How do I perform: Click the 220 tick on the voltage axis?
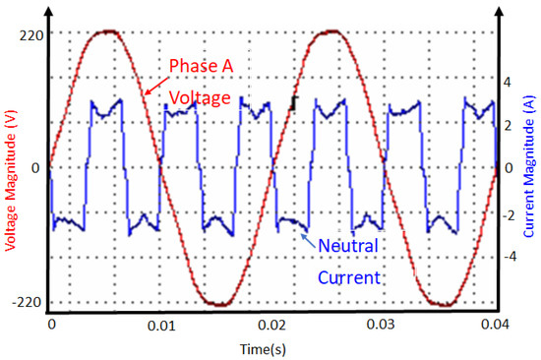pyautogui.click(x=27, y=31)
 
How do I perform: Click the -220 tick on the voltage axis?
pyautogui.click(x=26, y=302)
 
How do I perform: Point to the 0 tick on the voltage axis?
pyautogui.click(x=35, y=168)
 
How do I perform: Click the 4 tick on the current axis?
pyautogui.click(x=508, y=83)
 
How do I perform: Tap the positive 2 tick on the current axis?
pyautogui.click(x=508, y=126)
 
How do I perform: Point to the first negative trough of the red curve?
pyautogui.click(x=218, y=303)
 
